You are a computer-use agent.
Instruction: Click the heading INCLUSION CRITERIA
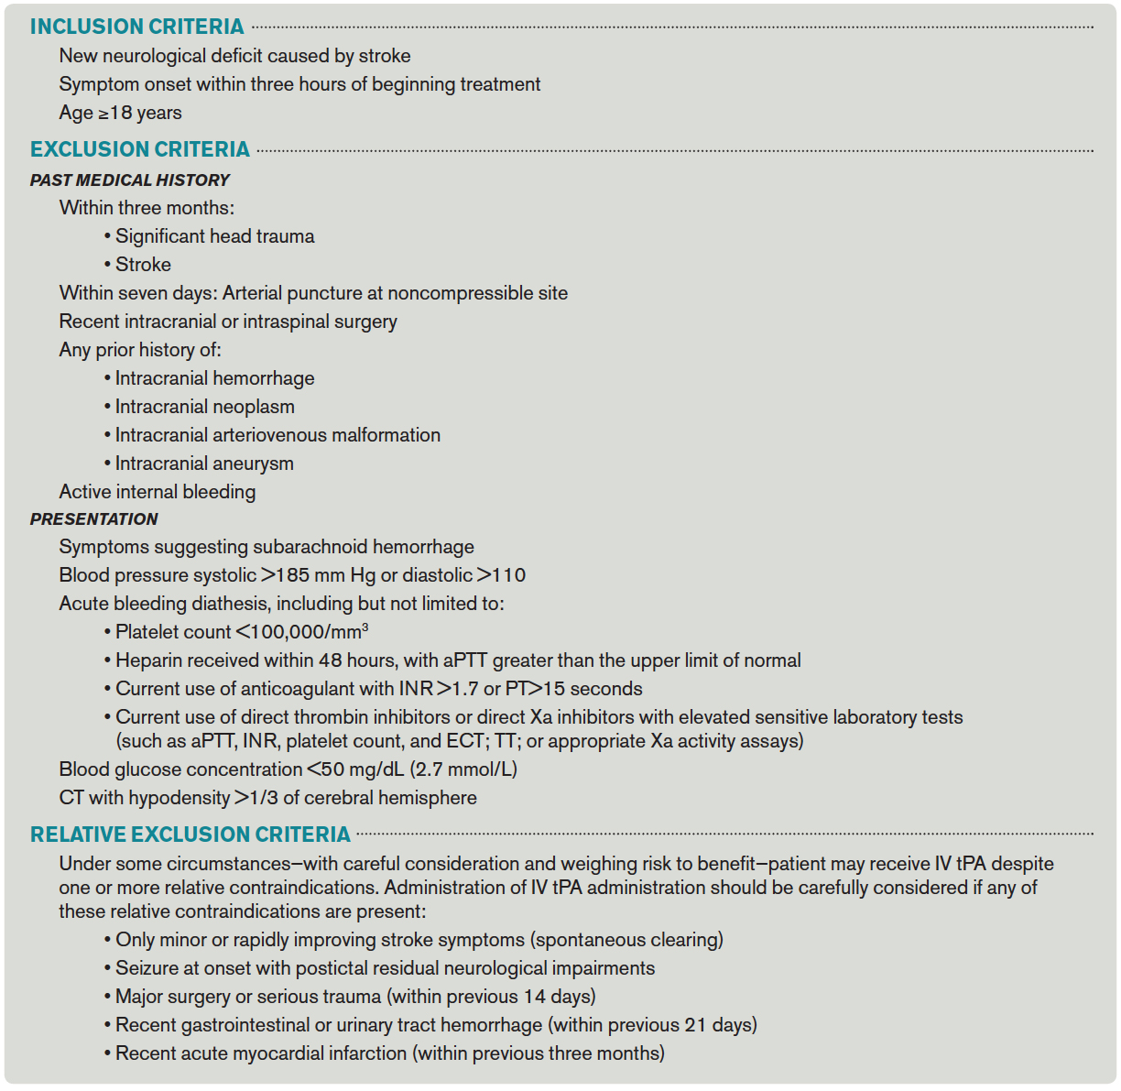pos(136,27)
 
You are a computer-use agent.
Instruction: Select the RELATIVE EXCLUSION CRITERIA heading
pos(190,835)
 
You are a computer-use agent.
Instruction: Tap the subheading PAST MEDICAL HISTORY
pos(129,180)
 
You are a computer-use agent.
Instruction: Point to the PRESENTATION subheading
pos(93,519)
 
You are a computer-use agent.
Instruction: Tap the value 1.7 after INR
pos(465,689)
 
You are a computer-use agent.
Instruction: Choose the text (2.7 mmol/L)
pos(463,769)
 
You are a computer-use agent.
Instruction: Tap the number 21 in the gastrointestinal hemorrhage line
pos(695,1025)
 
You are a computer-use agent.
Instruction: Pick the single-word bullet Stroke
pos(143,265)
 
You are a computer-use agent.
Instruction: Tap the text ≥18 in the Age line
pos(115,113)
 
